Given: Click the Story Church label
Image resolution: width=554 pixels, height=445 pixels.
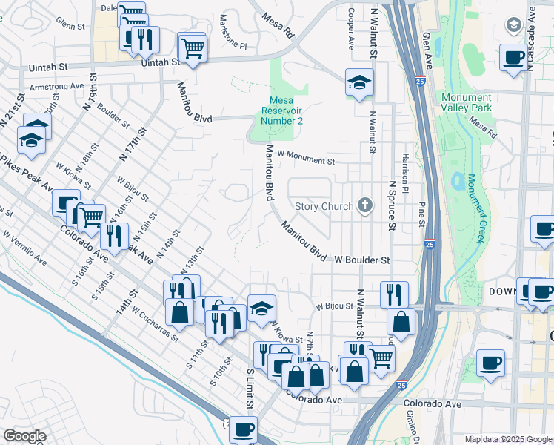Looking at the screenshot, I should [x=326, y=206].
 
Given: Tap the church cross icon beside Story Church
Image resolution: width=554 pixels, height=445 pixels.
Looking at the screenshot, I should [x=364, y=205].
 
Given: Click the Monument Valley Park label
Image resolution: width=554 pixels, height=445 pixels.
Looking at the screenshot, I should [x=466, y=103].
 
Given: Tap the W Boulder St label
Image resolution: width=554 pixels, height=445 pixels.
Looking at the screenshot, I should [x=361, y=260].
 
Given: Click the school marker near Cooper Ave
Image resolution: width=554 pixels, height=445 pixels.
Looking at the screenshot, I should [x=359, y=82].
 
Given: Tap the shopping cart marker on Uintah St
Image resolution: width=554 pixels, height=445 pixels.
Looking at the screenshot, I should [x=193, y=49].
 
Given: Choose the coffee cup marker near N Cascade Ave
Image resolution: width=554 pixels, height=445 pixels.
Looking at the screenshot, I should [x=513, y=58].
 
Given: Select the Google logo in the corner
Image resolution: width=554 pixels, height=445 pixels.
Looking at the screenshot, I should [x=25, y=436].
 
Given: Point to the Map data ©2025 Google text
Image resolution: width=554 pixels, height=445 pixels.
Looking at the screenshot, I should [x=508, y=439].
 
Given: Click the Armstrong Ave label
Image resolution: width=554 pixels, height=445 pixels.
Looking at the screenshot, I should [x=56, y=87].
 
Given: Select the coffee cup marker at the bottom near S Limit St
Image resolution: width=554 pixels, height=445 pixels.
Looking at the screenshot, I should [x=243, y=429].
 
